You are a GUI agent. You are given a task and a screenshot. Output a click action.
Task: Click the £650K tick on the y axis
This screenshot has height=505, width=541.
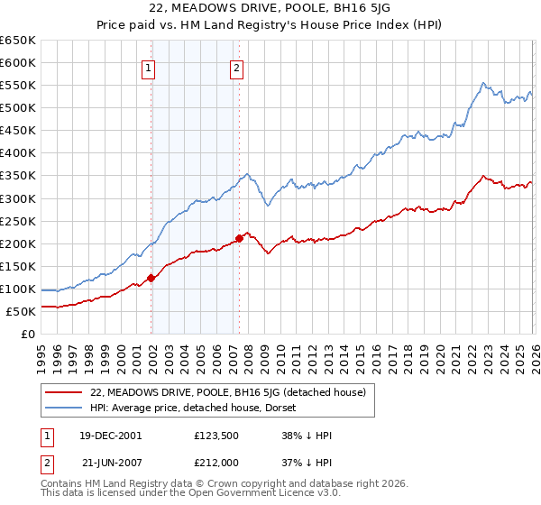[18, 41]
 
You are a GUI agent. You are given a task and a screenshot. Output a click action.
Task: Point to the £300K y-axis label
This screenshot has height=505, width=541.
[18, 198]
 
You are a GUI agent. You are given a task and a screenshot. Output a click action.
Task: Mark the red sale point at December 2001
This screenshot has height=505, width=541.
[151, 278]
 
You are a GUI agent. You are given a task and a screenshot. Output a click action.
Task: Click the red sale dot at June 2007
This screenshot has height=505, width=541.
[239, 238]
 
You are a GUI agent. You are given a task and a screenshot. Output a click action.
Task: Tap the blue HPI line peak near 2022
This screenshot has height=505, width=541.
[483, 83]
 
